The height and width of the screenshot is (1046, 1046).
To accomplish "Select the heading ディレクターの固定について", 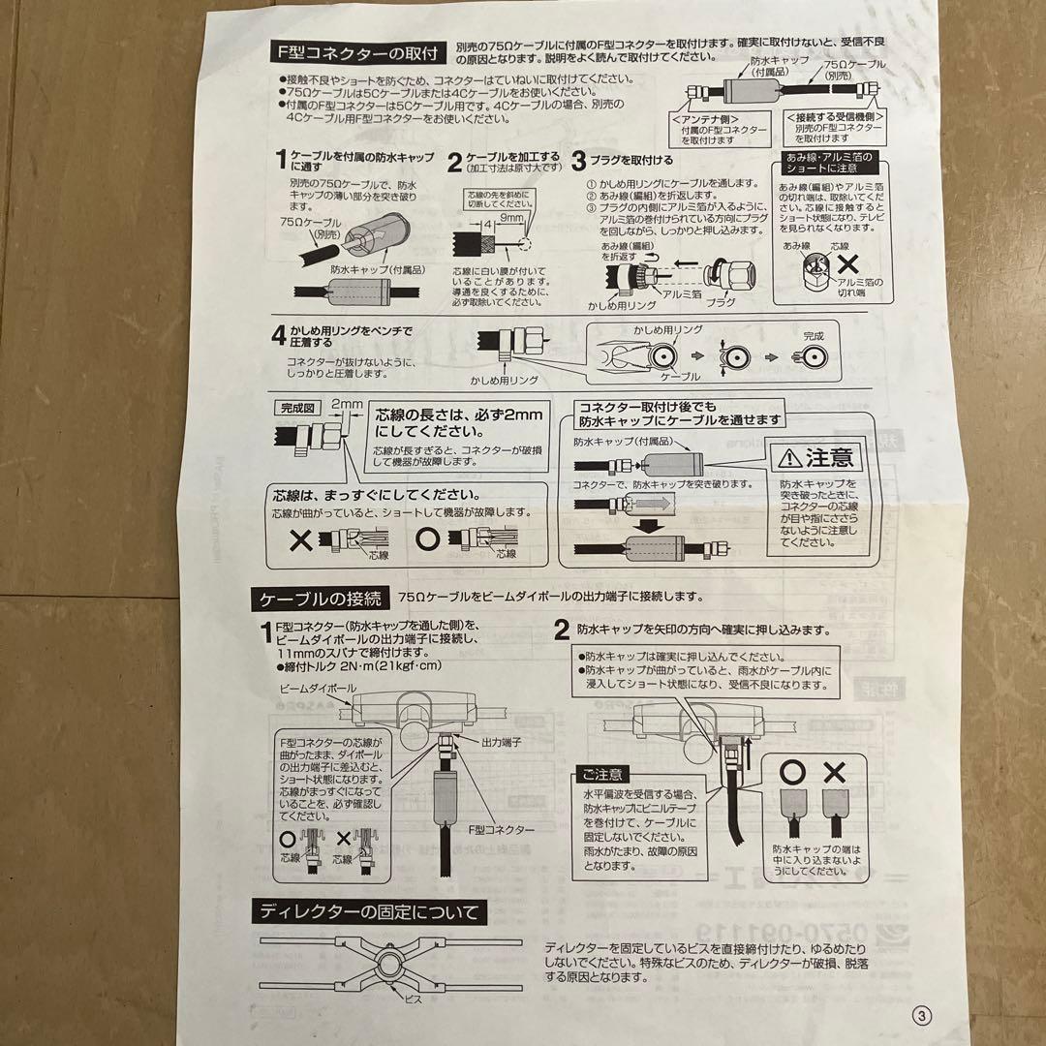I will [x=368, y=911].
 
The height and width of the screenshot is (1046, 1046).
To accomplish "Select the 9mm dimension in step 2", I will [x=510, y=219].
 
